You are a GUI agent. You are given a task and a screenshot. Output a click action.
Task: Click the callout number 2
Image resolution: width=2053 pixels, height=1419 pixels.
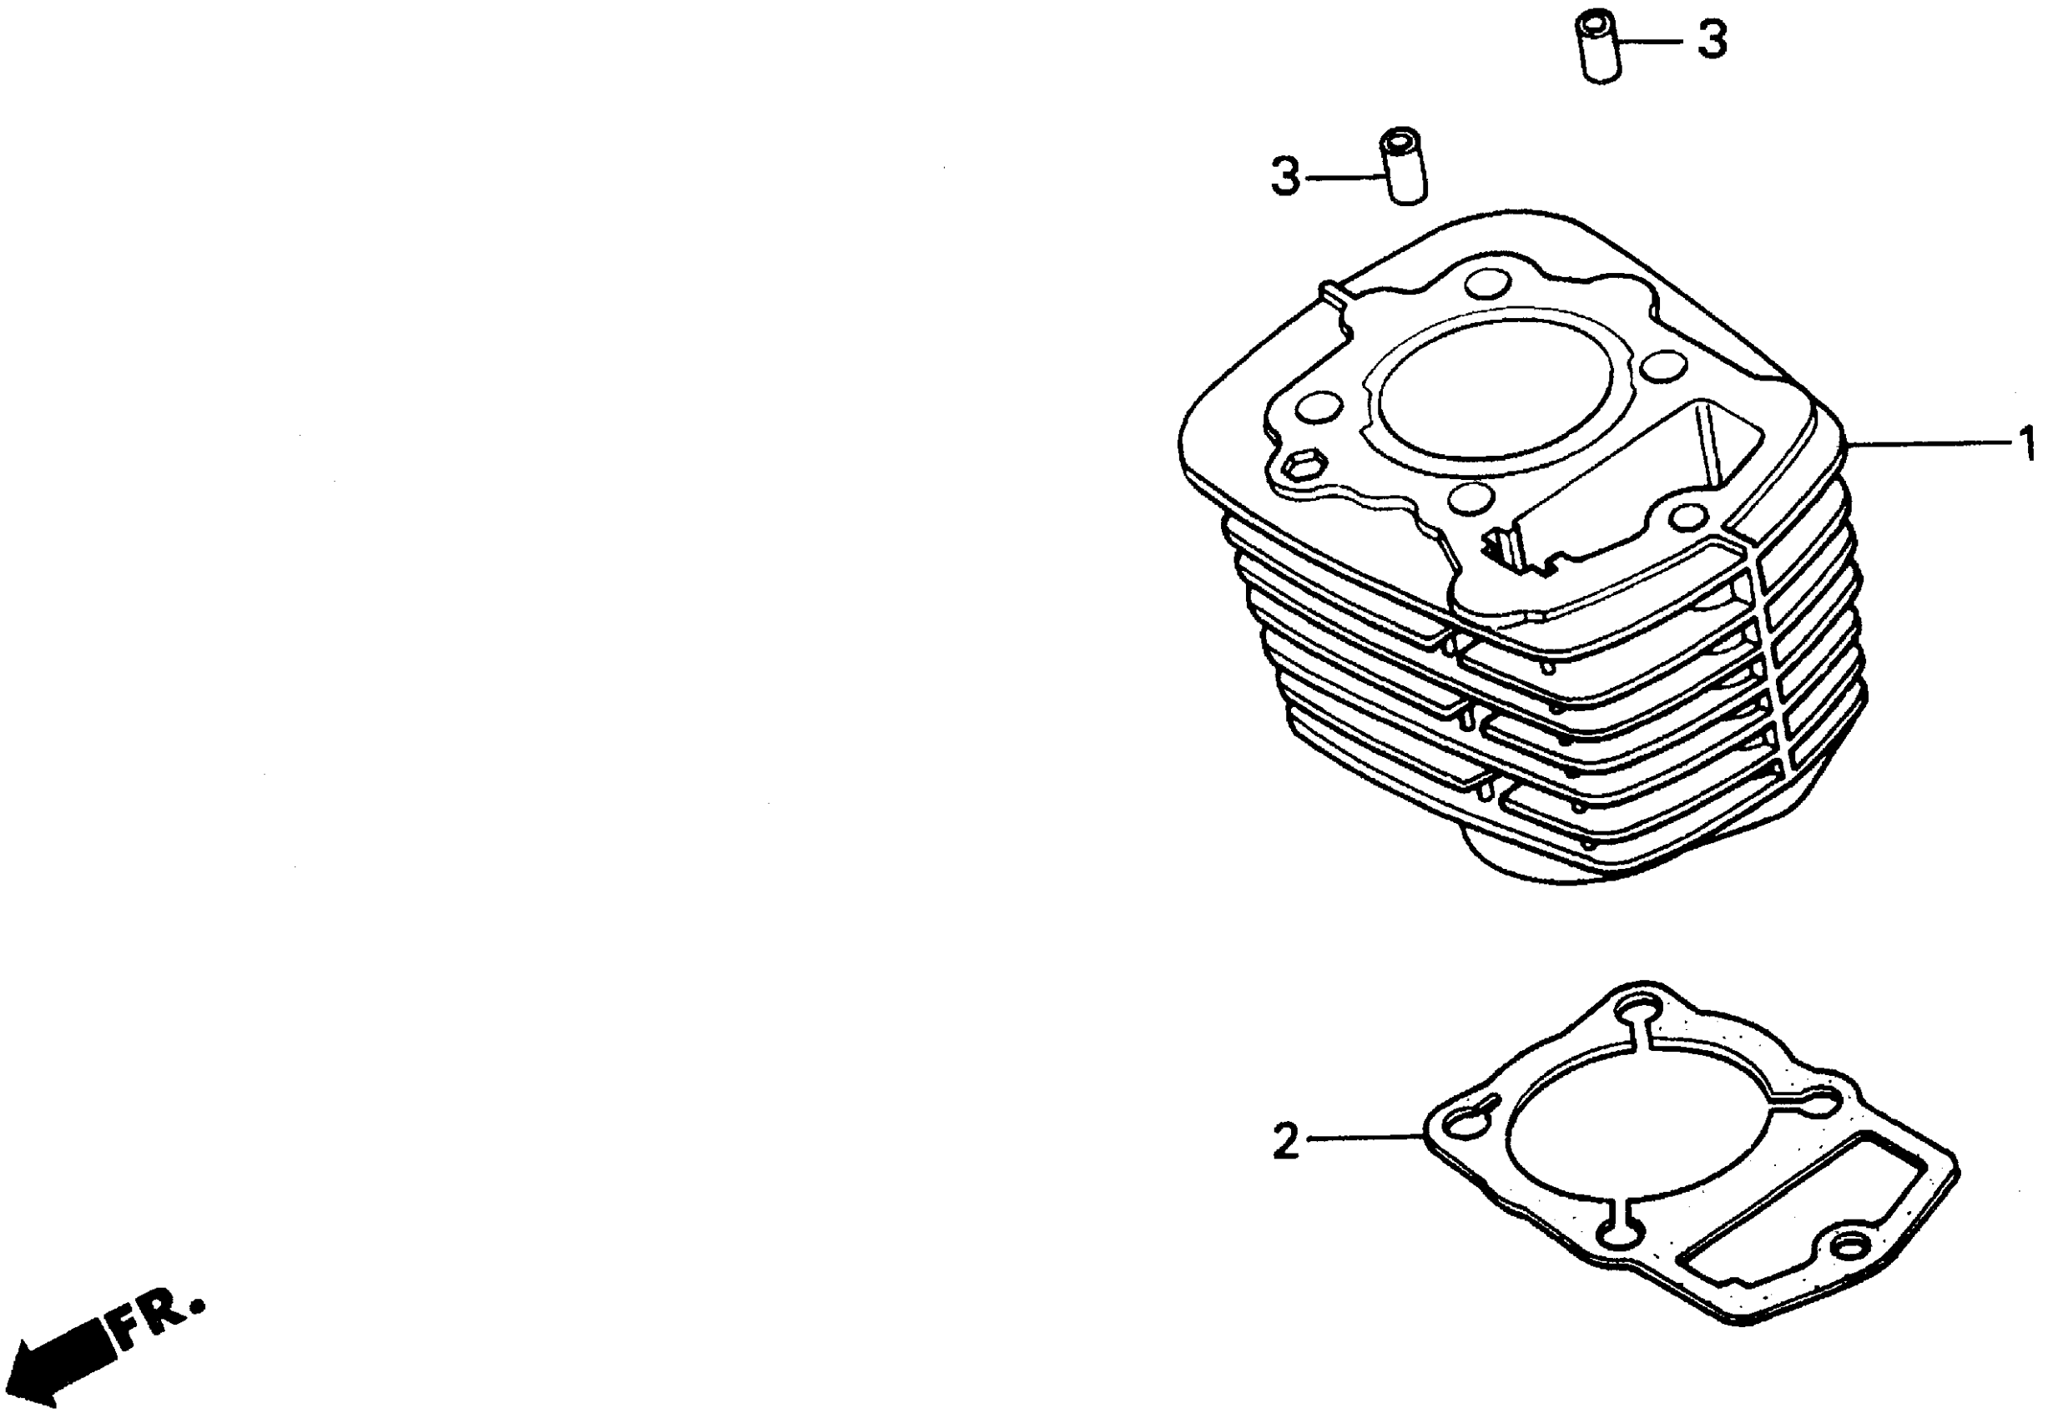pyautogui.click(x=1286, y=1142)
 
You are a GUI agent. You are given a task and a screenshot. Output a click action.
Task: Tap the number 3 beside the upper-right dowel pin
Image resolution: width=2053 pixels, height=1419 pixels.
pyautogui.click(x=1712, y=41)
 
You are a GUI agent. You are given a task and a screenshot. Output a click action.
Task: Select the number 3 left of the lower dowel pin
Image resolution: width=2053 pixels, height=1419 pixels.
pyautogui.click(x=1285, y=177)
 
